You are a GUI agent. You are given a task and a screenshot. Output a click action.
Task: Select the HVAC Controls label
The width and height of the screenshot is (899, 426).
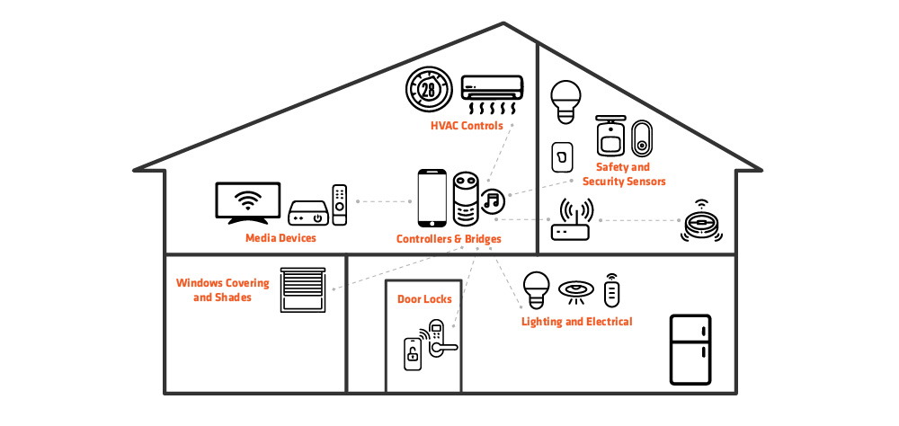(x=467, y=127)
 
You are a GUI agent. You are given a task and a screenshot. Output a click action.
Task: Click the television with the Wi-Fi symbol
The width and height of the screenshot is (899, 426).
(x=248, y=202)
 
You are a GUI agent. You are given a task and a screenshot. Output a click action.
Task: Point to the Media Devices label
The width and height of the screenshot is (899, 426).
(x=281, y=239)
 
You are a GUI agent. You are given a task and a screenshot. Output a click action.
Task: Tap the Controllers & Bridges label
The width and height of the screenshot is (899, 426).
(x=449, y=239)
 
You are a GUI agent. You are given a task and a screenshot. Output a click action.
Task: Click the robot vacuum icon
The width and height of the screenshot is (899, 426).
(x=700, y=222)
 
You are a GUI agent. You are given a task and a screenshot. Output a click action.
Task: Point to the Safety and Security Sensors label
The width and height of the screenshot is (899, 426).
(x=624, y=174)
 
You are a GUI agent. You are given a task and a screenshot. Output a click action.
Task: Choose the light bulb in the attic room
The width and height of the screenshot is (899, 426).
(x=565, y=102)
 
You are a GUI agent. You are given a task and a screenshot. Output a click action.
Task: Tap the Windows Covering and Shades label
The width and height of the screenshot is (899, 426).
(x=222, y=289)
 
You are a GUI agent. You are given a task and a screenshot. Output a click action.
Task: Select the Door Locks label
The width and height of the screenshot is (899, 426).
(x=424, y=299)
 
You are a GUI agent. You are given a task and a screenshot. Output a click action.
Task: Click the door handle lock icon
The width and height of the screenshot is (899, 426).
(x=440, y=340)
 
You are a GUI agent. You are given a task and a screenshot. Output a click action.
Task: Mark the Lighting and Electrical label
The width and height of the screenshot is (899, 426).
(x=577, y=322)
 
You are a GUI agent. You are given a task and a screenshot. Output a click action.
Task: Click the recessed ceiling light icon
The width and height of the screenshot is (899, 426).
(x=574, y=289)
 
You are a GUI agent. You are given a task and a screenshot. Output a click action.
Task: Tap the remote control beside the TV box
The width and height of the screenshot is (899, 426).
(x=339, y=205)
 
